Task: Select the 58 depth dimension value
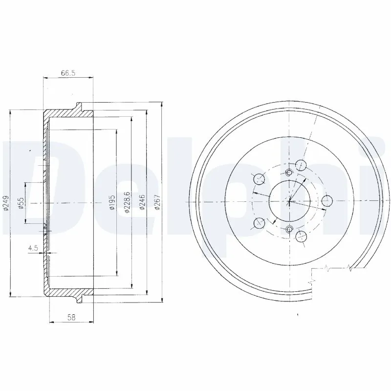(71, 317)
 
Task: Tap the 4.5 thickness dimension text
(34, 248)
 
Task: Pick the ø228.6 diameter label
(127, 201)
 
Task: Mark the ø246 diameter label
(142, 202)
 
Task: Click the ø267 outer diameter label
(157, 202)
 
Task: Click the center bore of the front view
(289, 201)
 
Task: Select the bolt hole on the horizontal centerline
(327, 200)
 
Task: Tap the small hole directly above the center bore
(288, 173)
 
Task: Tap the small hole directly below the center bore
(289, 229)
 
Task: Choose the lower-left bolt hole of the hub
(258, 224)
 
